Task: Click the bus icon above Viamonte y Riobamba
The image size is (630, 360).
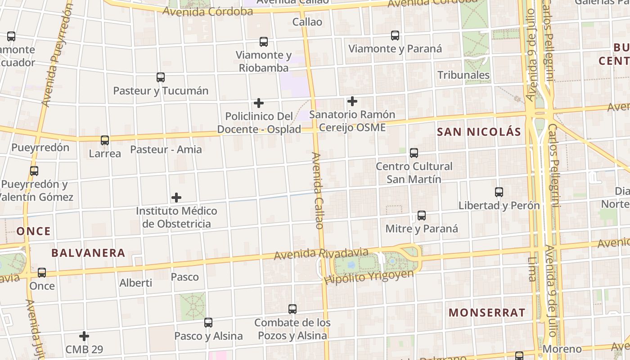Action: pos(264,42)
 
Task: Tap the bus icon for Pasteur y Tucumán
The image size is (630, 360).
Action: pos(161,77)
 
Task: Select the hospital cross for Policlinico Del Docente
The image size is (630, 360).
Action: pos(259,103)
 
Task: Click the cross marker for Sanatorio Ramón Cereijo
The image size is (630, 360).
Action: pos(352,101)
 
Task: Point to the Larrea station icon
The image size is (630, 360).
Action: pos(105,140)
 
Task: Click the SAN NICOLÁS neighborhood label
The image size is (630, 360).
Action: pos(479,132)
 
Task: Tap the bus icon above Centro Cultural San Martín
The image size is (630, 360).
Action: pos(414,153)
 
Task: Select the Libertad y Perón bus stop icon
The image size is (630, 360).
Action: pos(499,192)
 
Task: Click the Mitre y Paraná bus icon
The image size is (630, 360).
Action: pos(422,215)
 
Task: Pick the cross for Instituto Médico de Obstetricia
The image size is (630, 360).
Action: pos(176,197)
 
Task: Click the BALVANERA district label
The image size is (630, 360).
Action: pos(88,253)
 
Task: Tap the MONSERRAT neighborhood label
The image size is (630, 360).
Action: pos(487,313)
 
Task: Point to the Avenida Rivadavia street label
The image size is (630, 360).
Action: pos(321,254)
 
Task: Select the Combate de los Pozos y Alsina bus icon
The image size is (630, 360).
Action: pos(292,309)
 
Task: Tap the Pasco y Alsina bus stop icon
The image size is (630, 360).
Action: pos(208,322)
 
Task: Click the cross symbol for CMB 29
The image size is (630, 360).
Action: pos(84,336)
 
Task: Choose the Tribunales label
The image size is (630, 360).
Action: pos(463,75)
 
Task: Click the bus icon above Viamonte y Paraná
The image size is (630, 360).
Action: pos(395,35)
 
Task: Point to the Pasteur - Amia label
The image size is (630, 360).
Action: pos(166,149)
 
